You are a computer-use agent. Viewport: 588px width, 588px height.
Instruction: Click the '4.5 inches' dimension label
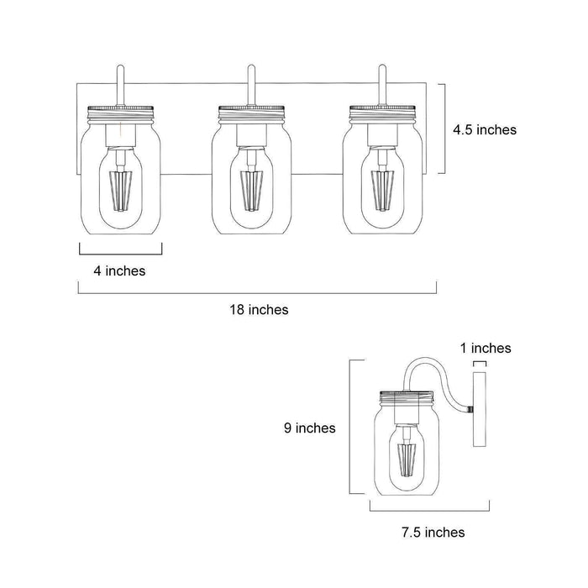[484, 130]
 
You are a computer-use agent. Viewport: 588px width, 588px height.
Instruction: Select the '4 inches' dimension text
[118, 270]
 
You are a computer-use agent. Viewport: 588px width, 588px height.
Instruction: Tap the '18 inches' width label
[258, 310]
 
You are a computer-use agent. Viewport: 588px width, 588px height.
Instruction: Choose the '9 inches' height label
[311, 428]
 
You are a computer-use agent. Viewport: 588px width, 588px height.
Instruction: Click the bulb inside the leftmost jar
[121, 181]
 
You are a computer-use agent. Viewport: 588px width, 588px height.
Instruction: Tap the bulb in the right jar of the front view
[382, 181]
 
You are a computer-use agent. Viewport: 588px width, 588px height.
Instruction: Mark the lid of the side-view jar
[407, 396]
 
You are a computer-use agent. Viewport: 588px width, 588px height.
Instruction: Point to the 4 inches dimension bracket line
[120, 252]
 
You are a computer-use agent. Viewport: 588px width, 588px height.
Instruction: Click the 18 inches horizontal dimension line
[258, 293]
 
